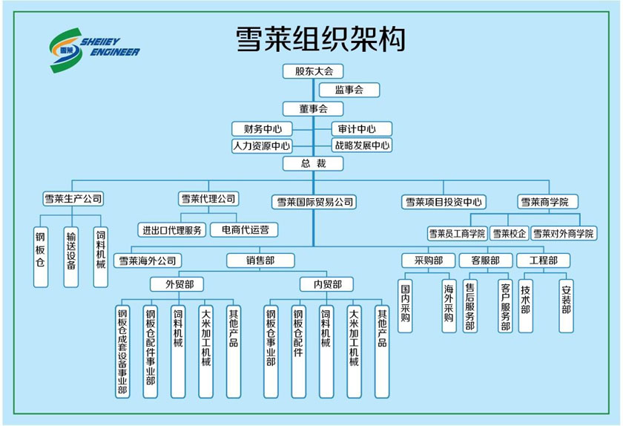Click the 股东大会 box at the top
coord(314,71)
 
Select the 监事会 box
coord(349,90)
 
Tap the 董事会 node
coord(314,108)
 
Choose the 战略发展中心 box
coord(361,145)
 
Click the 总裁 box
coord(314,163)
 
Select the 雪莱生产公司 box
coord(73,199)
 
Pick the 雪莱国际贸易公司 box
coord(315,201)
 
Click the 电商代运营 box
coord(245,230)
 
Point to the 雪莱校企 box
coord(510,234)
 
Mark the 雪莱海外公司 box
coord(148,260)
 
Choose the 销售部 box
coord(260,260)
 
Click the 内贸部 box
coord(327,284)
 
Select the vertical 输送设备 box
coord(70,257)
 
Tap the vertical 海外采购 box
coord(449,305)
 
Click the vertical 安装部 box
coord(566,298)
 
